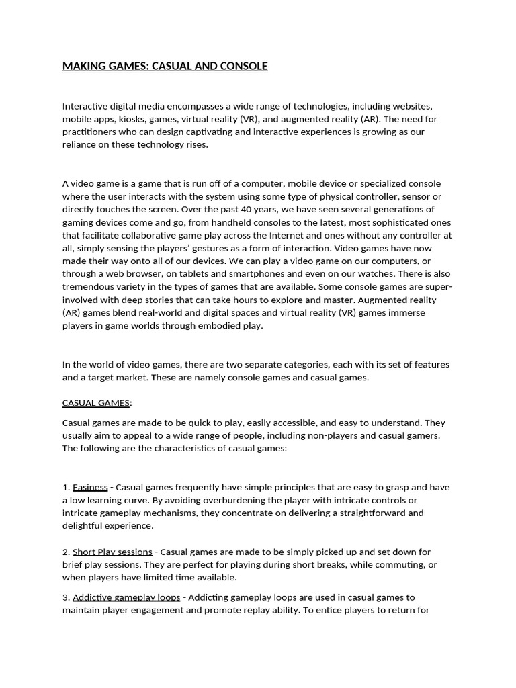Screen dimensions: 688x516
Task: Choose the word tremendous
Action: click(89, 287)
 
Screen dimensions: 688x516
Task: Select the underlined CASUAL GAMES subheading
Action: click(96, 403)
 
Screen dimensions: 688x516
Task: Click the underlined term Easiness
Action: click(90, 487)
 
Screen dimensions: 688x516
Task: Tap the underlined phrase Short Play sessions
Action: click(112, 552)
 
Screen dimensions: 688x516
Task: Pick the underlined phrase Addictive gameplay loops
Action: click(126, 597)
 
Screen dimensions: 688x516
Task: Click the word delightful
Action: click(84, 526)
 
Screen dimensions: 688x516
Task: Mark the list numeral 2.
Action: click(65, 552)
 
